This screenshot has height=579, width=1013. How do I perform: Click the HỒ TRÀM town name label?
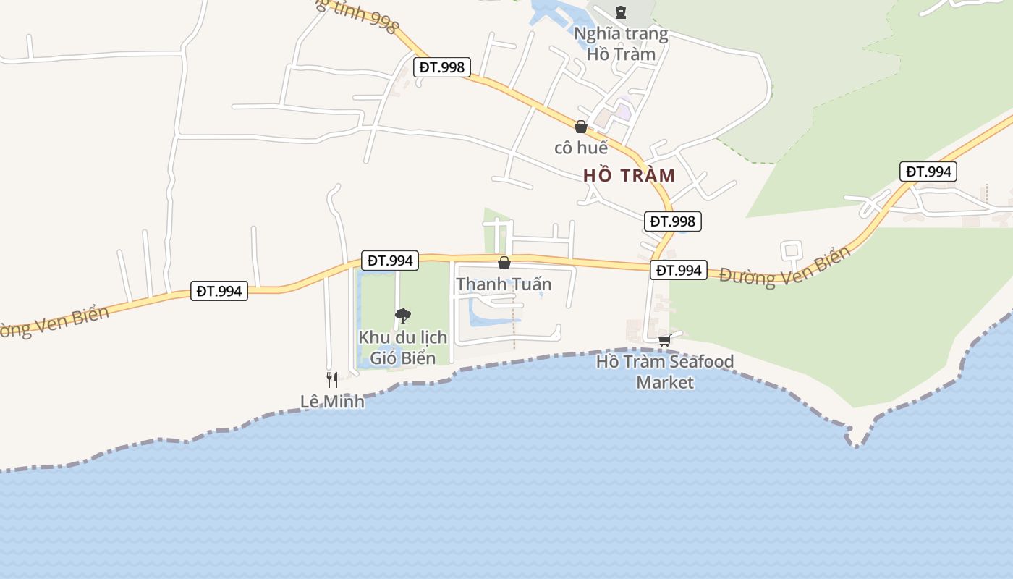(629, 175)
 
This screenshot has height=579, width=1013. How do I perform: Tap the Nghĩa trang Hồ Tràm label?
(621, 43)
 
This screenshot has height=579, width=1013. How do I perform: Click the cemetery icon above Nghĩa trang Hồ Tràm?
(620, 12)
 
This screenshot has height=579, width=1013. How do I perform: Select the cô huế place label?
(580, 148)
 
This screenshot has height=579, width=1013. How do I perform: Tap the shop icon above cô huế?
(580, 127)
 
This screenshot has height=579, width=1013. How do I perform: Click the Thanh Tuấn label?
(504, 284)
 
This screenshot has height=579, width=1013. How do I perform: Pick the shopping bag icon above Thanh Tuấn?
(504, 263)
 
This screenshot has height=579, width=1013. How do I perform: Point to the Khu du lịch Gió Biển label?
(403, 347)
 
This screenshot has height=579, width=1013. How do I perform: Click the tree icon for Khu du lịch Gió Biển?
(403, 316)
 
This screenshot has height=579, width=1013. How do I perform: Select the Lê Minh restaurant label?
(332, 400)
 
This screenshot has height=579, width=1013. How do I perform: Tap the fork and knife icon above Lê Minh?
(332, 379)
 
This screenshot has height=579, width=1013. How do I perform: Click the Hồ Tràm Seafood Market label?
(665, 371)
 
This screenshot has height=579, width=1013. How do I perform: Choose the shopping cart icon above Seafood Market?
(665, 339)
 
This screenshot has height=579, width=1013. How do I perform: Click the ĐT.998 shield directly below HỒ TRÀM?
(673, 221)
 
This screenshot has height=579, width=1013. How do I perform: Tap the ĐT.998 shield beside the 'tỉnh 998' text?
(442, 67)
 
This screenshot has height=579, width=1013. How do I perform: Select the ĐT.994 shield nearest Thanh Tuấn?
(390, 261)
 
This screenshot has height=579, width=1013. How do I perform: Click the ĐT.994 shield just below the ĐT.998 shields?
(678, 270)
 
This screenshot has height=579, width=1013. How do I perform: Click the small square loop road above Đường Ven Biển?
(791, 250)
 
